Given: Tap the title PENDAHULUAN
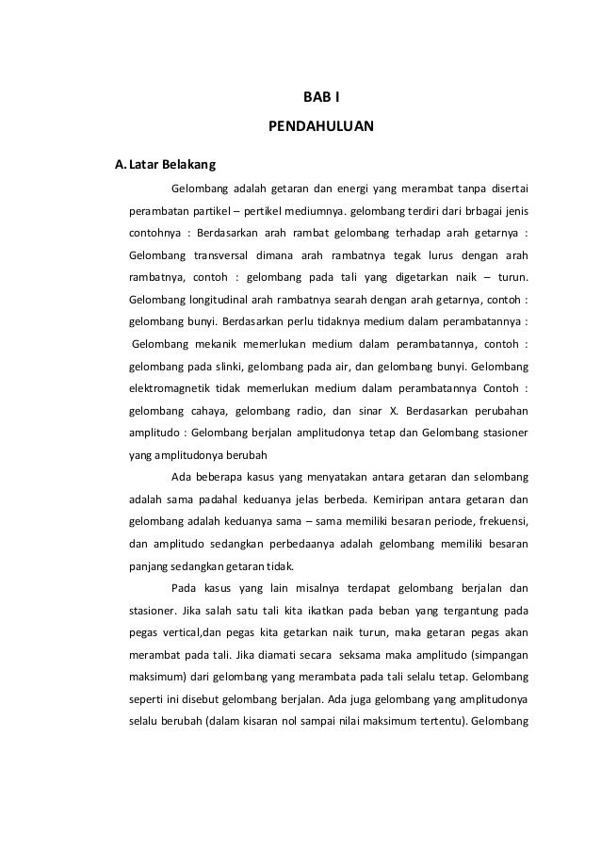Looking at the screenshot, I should (x=321, y=124).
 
